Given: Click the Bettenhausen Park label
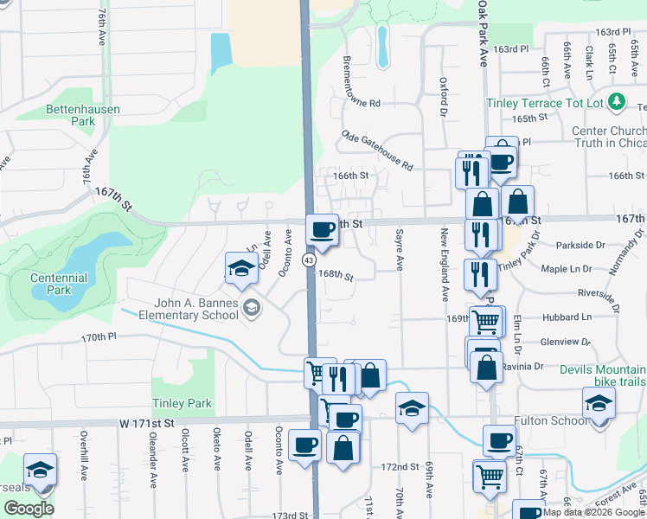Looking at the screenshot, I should (x=83, y=116).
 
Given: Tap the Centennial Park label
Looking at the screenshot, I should (x=59, y=284).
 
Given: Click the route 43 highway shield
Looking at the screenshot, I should (x=309, y=259).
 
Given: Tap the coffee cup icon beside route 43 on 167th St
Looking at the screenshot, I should (x=323, y=229).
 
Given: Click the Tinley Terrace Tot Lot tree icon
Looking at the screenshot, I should (x=617, y=102).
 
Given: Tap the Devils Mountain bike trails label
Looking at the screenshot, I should (x=601, y=375).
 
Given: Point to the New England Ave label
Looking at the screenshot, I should (x=445, y=265).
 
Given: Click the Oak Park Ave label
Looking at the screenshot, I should (x=483, y=33).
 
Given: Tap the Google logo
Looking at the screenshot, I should (x=29, y=509).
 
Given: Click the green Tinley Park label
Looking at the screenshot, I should (x=182, y=403).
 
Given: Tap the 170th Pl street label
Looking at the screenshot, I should (x=99, y=337).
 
